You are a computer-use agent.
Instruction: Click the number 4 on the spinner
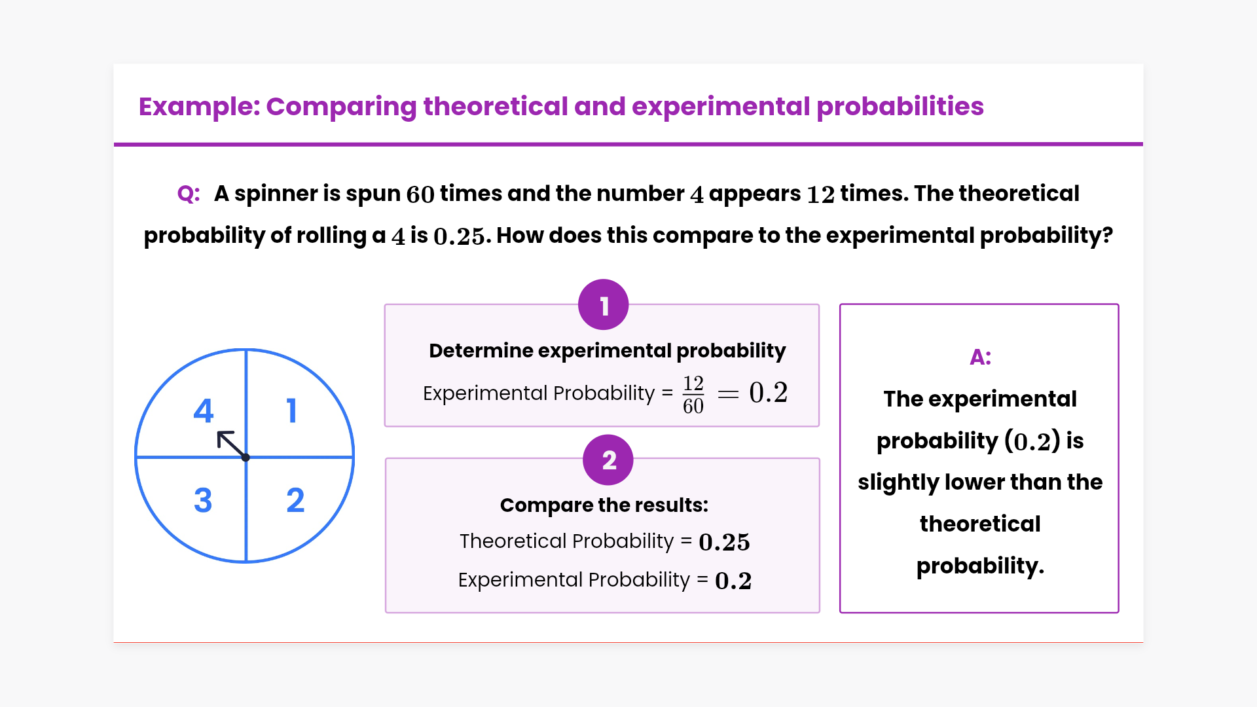pyautogui.click(x=204, y=410)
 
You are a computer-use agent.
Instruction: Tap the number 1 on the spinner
pyautogui.click(x=292, y=410)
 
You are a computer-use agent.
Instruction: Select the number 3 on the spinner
pyautogui.click(x=203, y=500)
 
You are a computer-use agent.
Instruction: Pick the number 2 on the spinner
pyautogui.click(x=295, y=500)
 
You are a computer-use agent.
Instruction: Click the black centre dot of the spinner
pyautogui.click(x=246, y=458)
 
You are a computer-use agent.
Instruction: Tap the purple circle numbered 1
pyautogui.click(x=604, y=305)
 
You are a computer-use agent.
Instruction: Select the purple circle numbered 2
pyautogui.click(x=608, y=460)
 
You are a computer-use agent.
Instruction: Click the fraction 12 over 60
pyautogui.click(x=693, y=394)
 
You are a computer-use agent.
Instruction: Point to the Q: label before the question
pyautogui.click(x=189, y=194)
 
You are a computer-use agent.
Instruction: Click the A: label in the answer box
pyautogui.click(x=980, y=357)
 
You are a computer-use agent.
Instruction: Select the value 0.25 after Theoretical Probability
pyautogui.click(x=724, y=542)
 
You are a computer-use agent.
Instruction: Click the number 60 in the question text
pyautogui.click(x=420, y=194)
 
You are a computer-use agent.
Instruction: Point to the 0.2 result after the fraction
pyautogui.click(x=769, y=393)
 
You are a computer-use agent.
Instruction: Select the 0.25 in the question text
pyautogui.click(x=459, y=236)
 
